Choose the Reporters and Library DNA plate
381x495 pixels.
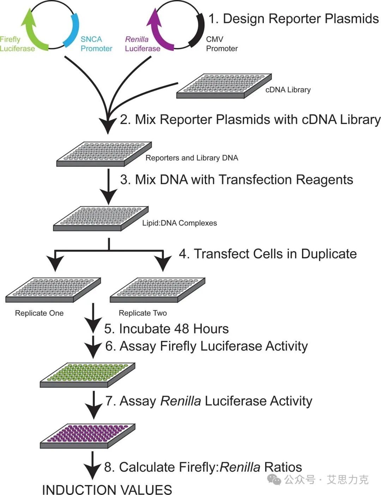point(104,154)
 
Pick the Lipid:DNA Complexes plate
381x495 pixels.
point(101,219)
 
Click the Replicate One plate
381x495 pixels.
point(53,290)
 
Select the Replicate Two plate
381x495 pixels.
point(157,290)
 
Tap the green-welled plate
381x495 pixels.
point(87,375)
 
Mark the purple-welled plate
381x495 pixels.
point(87,436)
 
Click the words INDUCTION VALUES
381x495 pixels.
point(107,490)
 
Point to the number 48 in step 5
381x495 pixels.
point(181,329)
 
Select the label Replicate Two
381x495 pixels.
point(143,313)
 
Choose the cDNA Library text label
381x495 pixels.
point(288,90)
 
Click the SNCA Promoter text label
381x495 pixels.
point(96,44)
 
